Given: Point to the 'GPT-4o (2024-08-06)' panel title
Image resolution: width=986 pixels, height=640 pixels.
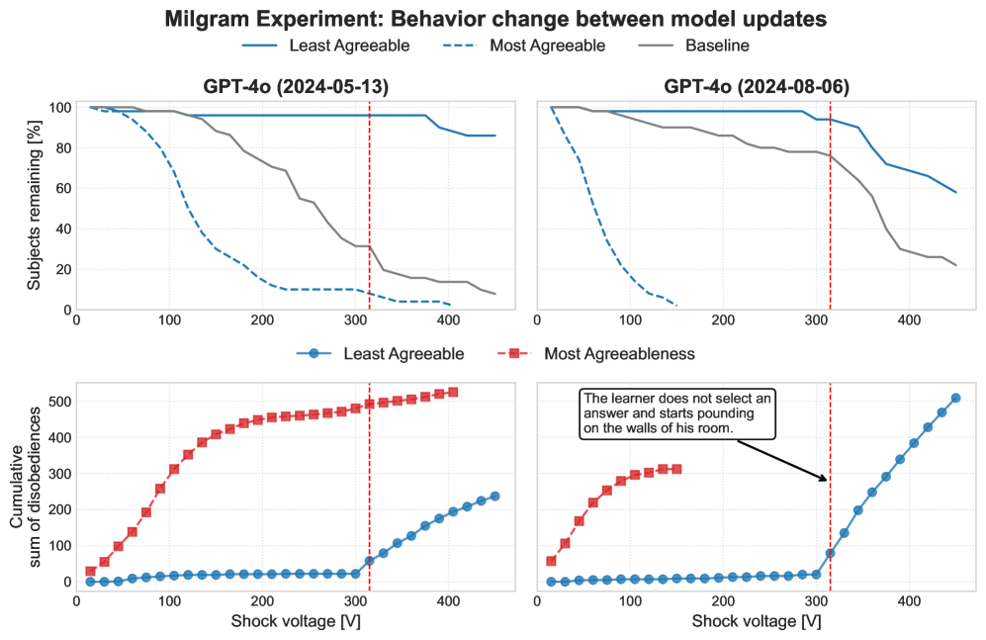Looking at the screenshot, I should [x=757, y=87].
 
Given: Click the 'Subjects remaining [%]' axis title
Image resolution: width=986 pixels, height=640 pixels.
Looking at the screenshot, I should [x=34, y=209].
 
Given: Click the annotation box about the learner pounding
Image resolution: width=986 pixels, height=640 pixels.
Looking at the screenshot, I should [x=677, y=413].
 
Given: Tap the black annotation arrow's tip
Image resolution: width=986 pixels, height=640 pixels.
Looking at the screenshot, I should [x=827, y=481].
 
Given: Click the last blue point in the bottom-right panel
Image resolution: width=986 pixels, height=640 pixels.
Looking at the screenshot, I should [x=955, y=398].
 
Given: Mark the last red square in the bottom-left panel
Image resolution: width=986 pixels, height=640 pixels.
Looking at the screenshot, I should [x=453, y=393].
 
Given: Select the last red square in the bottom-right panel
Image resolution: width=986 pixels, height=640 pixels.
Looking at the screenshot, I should [x=676, y=469].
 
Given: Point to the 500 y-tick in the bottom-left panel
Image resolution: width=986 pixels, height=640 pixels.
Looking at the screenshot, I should [x=60, y=401].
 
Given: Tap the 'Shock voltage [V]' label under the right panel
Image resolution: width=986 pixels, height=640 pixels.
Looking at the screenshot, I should [x=757, y=622].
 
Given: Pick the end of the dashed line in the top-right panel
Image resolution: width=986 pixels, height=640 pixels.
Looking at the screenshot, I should [x=676, y=305].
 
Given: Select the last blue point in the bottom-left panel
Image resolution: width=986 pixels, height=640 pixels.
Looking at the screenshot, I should [x=494, y=496].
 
